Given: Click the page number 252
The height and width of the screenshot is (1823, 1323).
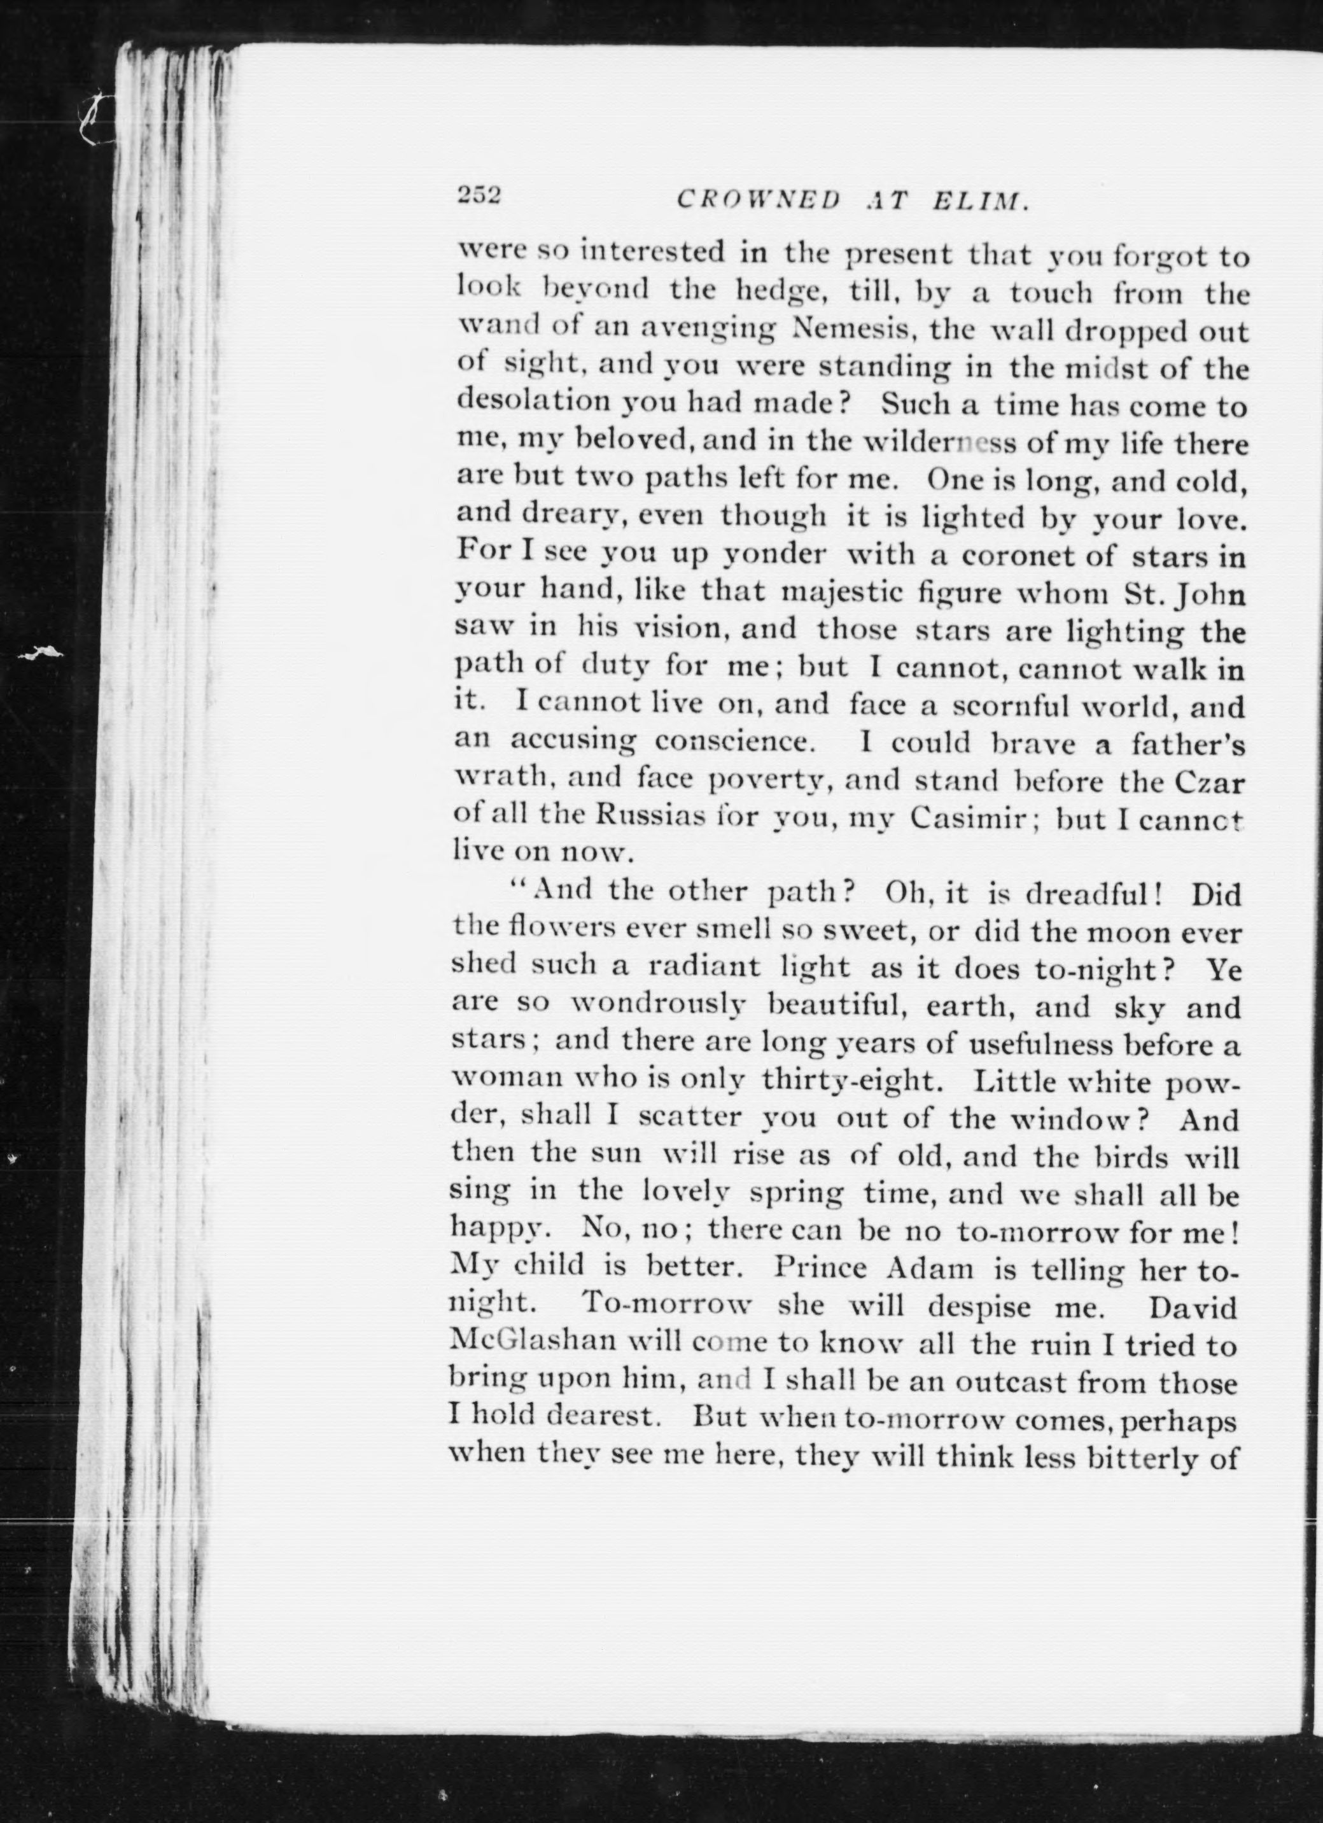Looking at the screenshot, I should click(479, 195).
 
